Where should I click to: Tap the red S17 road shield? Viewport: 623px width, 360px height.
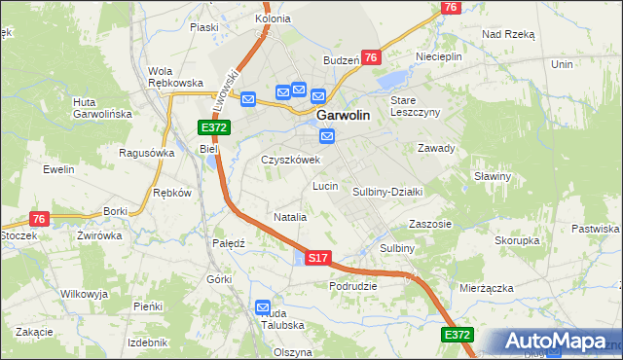coord(317,258)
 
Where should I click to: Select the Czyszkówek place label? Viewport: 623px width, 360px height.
coord(290,160)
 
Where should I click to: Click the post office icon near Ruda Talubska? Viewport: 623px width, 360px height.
coord(264,308)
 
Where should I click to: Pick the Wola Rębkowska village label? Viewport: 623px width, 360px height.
coord(174,77)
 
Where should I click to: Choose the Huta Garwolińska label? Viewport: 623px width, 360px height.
coord(102,107)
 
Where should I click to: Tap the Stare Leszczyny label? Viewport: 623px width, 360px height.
coord(416,106)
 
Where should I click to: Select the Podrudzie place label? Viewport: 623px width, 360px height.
coord(353,285)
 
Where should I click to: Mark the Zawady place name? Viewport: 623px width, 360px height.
coord(436,148)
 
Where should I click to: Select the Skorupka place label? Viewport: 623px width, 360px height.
coord(517,239)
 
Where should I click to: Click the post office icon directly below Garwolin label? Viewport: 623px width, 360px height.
coord(328,137)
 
